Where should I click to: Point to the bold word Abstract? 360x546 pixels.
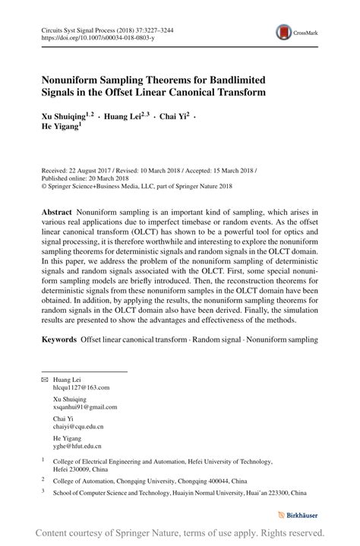coord(60,208)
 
